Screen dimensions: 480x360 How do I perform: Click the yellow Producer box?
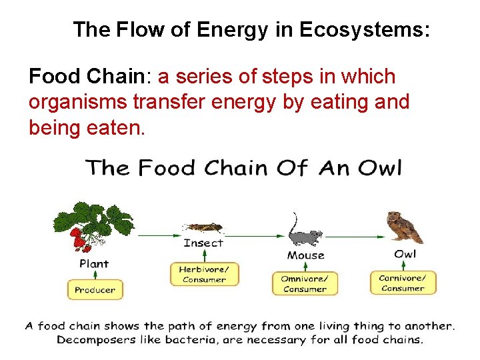(95, 290)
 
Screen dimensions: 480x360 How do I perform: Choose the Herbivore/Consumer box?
(203, 275)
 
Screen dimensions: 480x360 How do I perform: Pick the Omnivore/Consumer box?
(305, 283)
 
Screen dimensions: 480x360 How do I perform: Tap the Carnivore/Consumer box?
(403, 283)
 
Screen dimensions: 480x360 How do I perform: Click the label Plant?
(94, 263)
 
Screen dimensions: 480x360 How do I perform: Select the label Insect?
(203, 243)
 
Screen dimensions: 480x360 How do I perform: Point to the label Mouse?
(305, 255)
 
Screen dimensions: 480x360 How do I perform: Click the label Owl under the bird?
(405, 254)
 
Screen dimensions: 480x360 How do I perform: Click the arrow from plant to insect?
(155, 235)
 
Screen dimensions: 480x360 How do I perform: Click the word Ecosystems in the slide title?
(365, 29)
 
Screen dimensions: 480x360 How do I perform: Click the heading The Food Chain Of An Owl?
(243, 167)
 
